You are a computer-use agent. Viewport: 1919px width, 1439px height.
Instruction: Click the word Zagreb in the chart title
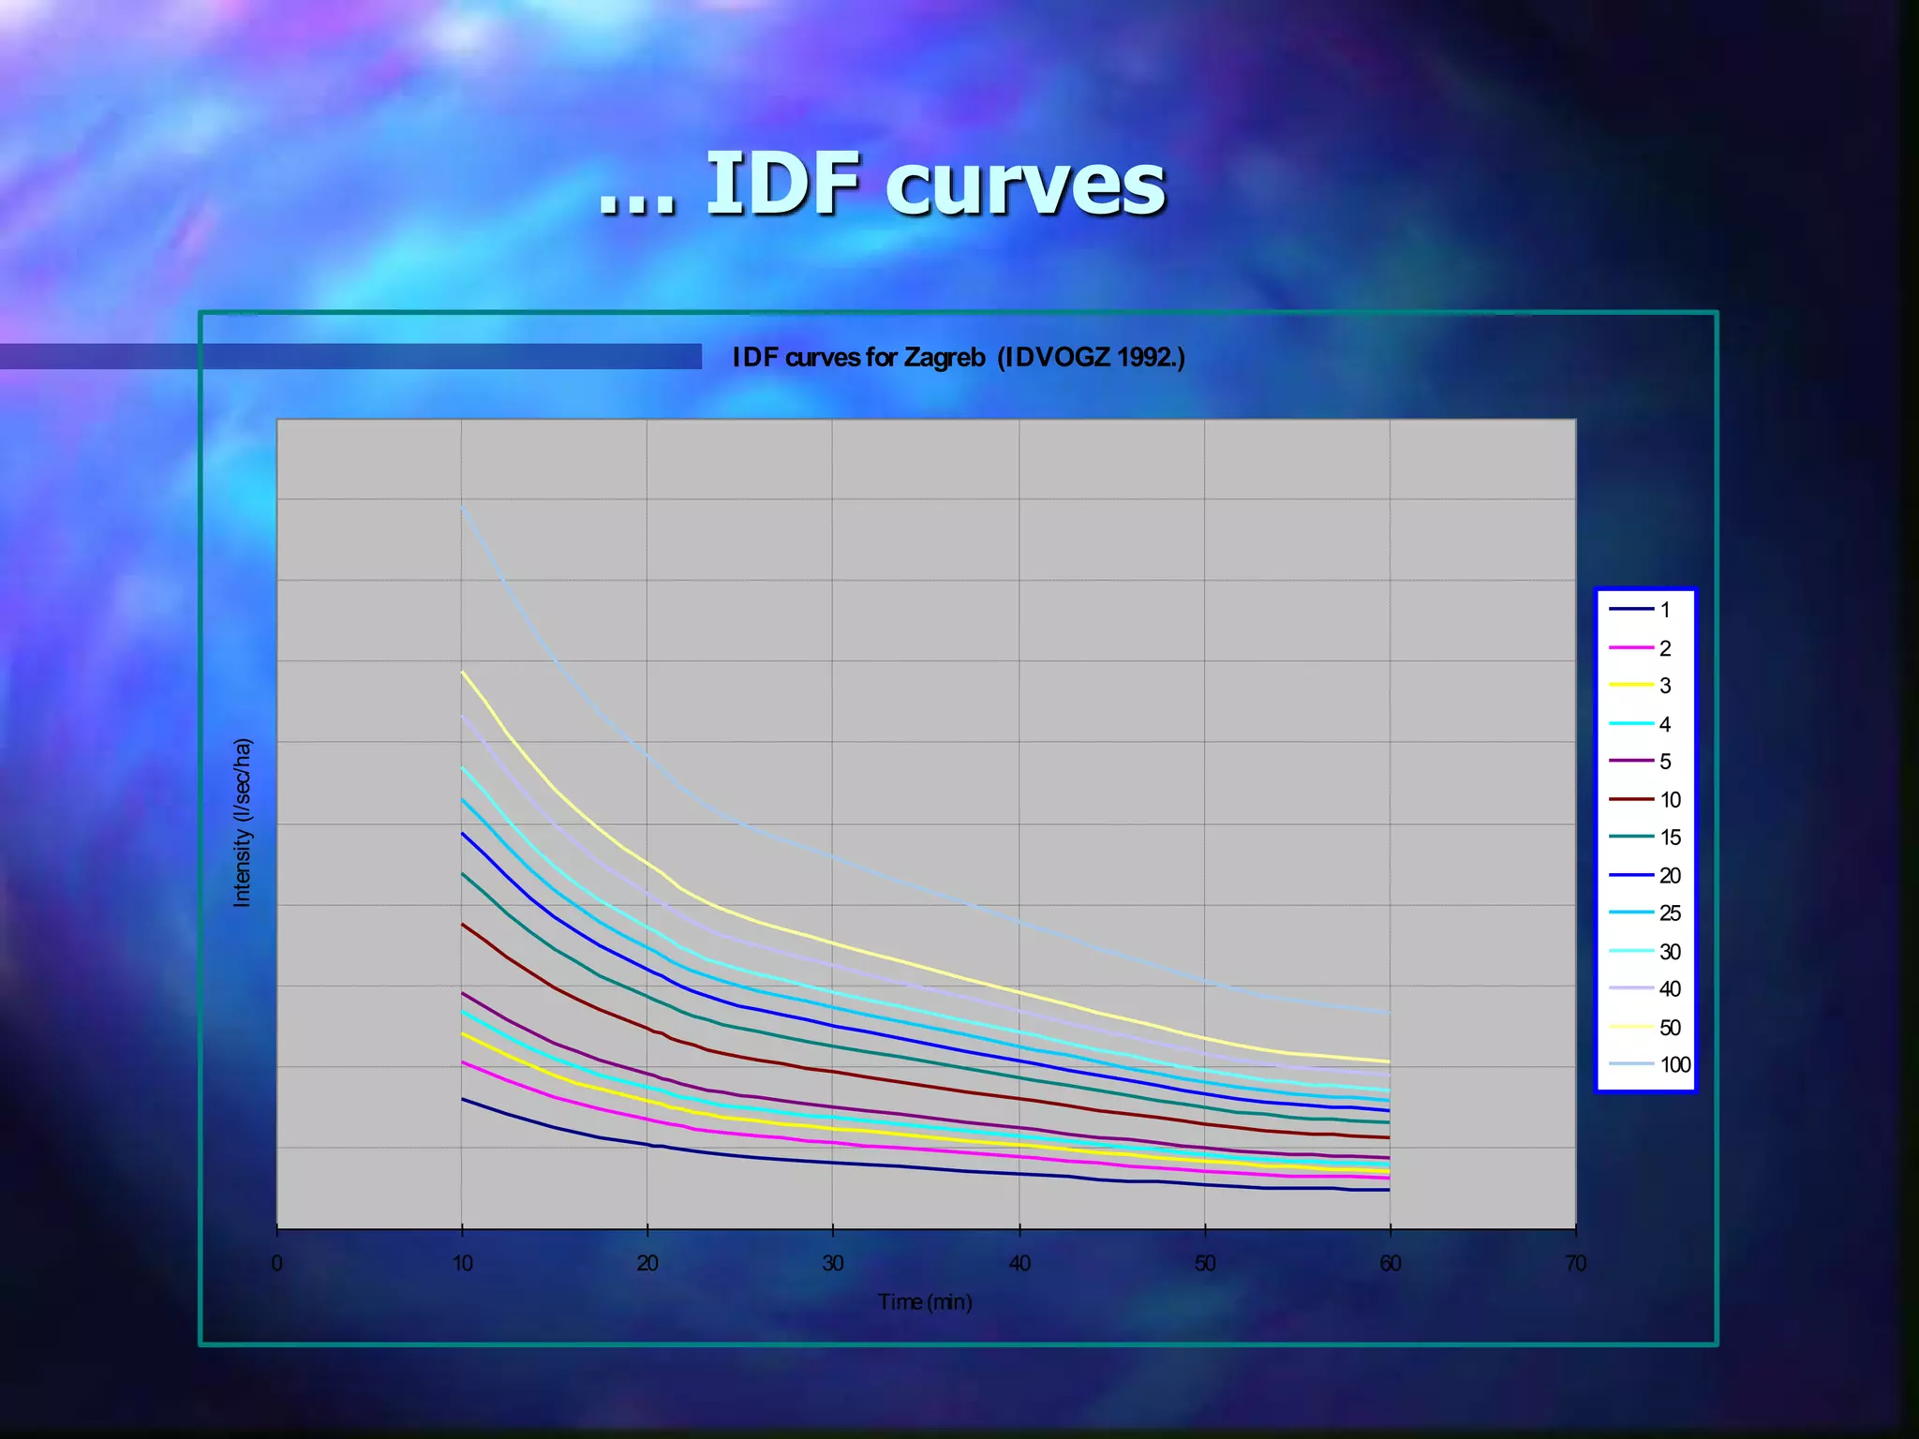[944, 358]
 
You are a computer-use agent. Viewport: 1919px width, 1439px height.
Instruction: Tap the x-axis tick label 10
[462, 1263]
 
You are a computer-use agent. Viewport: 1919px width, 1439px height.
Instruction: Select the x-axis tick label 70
[1575, 1263]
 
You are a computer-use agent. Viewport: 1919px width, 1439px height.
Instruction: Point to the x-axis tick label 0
[276, 1263]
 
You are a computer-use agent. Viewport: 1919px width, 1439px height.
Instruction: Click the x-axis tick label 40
[1019, 1263]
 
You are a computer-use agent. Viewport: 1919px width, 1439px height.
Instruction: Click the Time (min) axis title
[925, 1301]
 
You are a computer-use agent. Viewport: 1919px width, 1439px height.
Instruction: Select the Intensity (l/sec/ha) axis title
[242, 823]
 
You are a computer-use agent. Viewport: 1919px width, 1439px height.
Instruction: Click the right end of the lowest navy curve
[1389, 1190]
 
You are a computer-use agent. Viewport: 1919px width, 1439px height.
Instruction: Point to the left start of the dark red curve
[462, 924]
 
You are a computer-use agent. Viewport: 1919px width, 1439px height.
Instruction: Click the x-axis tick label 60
[1390, 1263]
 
